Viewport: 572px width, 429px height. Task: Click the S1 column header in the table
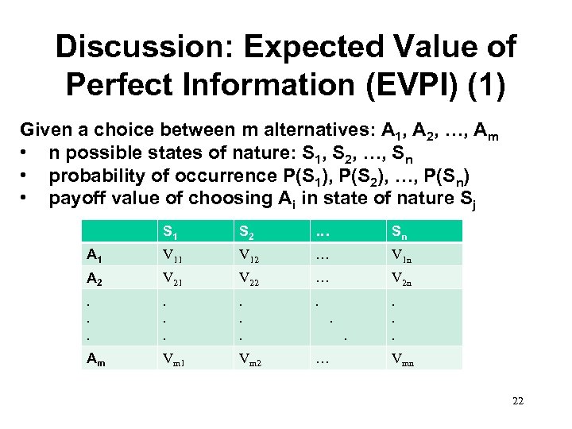(170, 233)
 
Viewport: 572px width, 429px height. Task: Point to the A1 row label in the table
(94, 255)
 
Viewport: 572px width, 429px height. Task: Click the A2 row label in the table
(94, 278)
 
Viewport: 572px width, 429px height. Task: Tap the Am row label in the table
(95, 359)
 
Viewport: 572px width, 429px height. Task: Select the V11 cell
(173, 255)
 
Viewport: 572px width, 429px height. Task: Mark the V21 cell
(173, 278)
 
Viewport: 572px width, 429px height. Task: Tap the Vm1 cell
(176, 359)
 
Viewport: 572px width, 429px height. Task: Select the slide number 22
(518, 401)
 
